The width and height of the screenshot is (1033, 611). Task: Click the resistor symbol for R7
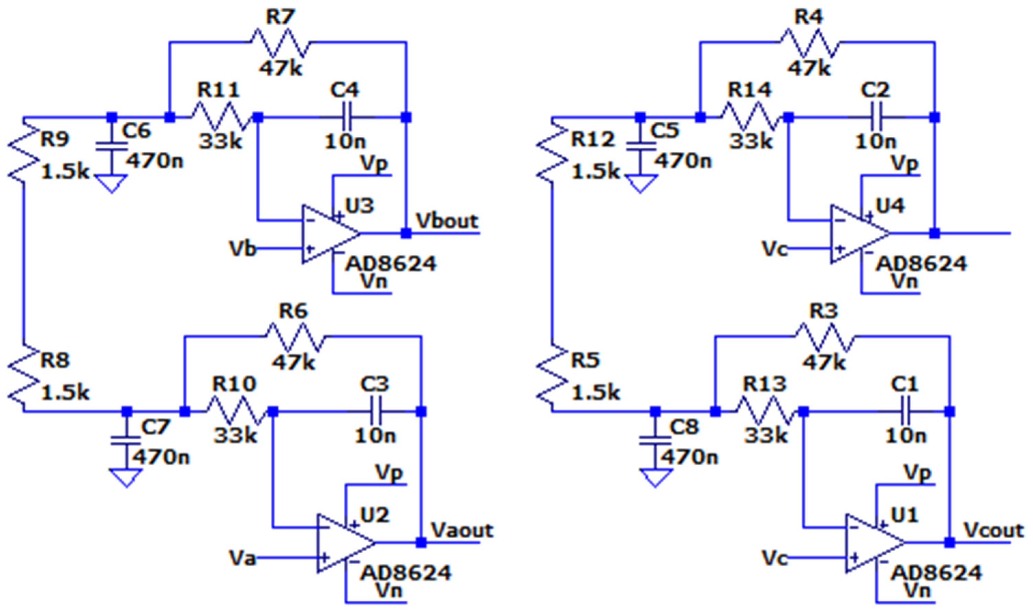tap(280, 42)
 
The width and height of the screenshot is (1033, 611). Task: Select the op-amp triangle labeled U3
tap(327, 234)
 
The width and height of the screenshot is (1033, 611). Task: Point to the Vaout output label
tap(462, 531)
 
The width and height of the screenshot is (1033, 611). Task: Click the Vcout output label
tap(993, 531)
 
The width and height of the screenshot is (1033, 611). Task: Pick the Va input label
tap(242, 559)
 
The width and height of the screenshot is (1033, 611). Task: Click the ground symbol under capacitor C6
tap(112, 183)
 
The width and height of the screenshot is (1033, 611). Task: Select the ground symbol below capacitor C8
tap(655, 478)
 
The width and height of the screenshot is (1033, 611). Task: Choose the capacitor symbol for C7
tap(126, 440)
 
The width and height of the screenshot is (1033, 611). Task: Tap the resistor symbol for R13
tap(765, 411)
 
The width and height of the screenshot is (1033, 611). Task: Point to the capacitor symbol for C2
tap(876, 117)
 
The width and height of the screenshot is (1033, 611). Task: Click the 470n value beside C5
tap(683, 161)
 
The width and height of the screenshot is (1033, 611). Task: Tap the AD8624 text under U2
tap(406, 573)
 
